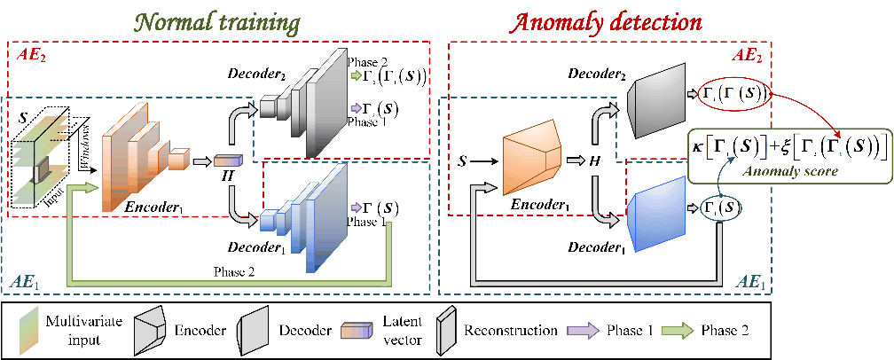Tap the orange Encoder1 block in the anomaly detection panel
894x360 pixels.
click(532, 162)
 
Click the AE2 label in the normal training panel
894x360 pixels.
click(33, 54)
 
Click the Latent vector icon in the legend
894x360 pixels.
click(354, 330)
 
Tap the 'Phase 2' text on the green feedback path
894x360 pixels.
click(232, 271)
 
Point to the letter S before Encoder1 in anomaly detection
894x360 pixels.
click(460, 161)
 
